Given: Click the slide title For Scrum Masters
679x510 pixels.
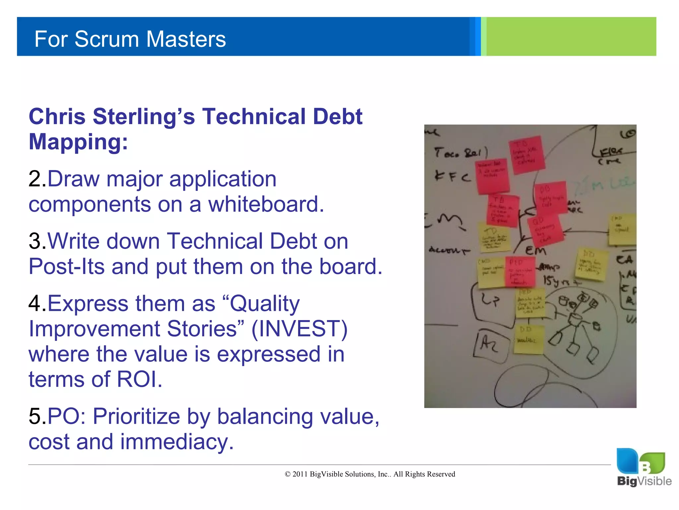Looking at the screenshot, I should click(130, 39).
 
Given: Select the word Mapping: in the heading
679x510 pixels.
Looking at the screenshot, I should click(78, 142).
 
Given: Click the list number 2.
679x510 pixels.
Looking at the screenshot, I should click(37, 179).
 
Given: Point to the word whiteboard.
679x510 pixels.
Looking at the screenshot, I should click(266, 204).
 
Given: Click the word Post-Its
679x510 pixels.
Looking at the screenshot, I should click(66, 267).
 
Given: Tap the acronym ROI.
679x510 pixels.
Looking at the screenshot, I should click(139, 379).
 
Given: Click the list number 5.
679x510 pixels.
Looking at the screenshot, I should click(37, 416).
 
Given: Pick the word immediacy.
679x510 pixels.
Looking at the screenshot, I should click(177, 442).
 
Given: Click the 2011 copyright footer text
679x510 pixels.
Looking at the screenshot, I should click(370, 474).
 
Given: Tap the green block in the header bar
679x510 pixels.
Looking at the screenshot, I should click(570, 37).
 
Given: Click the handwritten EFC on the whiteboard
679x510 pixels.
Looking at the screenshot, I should click(452, 176).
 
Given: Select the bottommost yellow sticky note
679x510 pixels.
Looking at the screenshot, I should click(528, 339).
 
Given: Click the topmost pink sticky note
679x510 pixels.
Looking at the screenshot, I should click(527, 154).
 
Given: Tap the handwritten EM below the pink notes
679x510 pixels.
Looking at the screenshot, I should click(535, 250).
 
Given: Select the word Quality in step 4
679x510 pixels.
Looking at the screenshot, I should click(264, 303).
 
